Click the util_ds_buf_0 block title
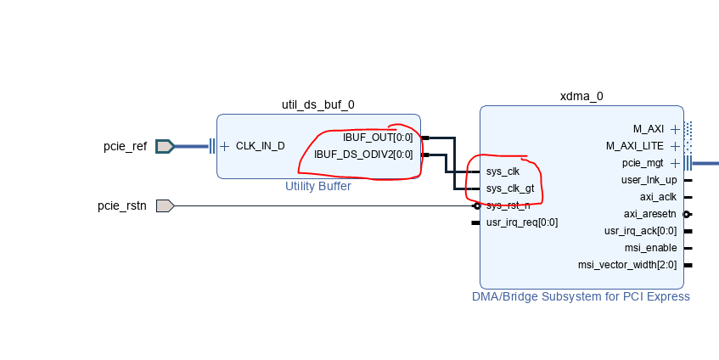pyautogui.click(x=318, y=104)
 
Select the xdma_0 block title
pyautogui.click(x=581, y=96)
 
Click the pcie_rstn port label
pyautogui.click(x=122, y=205)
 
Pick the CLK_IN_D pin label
pyautogui.click(x=260, y=146)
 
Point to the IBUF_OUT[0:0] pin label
pyautogui.click(x=378, y=138)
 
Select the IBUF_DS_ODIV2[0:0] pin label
pyautogui.click(x=363, y=155)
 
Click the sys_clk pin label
pyautogui.click(x=503, y=172)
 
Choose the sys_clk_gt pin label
pyautogui.click(x=509, y=188)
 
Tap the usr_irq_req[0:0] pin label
pyautogui.click(x=521, y=222)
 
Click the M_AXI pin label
pyautogui.click(x=649, y=129)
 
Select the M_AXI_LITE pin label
pyautogui.click(x=636, y=146)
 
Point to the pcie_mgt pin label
pyautogui.click(x=643, y=163)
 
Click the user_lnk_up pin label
pyautogui.click(x=649, y=180)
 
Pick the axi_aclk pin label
pyautogui.click(x=656, y=197)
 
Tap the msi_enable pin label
pyautogui.click(x=650, y=248)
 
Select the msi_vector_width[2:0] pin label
pyautogui.click(x=627, y=265)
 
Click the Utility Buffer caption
pyautogui.click(x=318, y=186)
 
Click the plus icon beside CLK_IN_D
pyautogui.click(x=225, y=146)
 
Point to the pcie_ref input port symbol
pyautogui.click(x=166, y=146)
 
